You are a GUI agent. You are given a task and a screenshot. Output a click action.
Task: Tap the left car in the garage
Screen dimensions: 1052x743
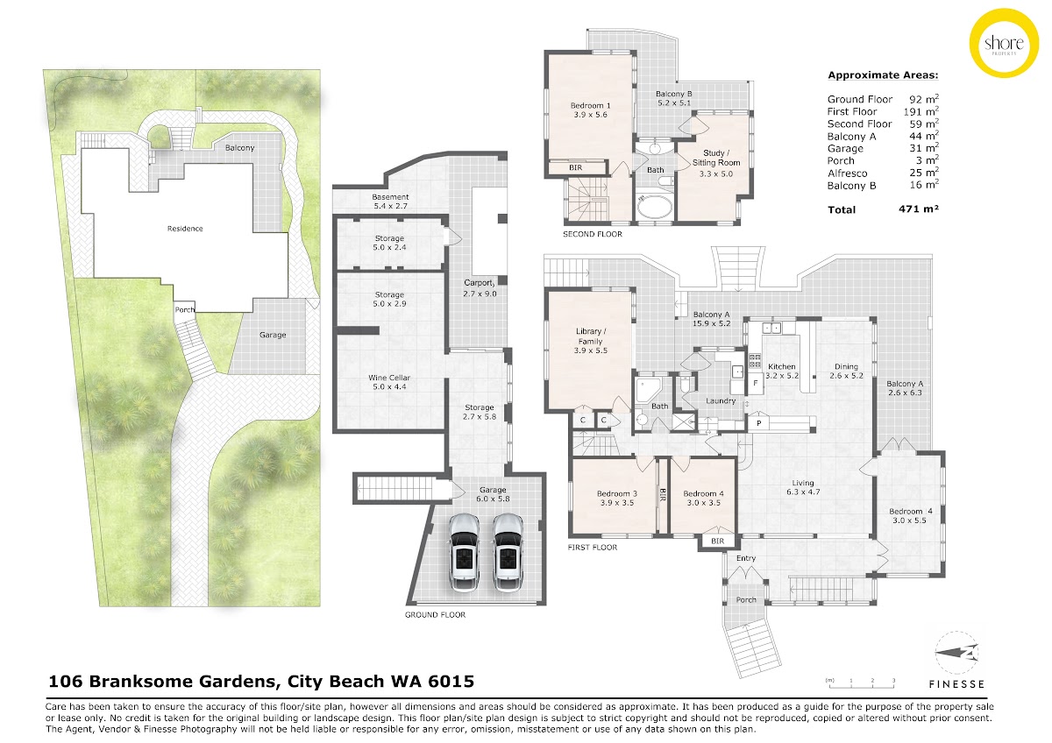coord(465,553)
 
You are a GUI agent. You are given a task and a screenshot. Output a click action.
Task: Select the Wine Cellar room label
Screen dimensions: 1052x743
coord(389,378)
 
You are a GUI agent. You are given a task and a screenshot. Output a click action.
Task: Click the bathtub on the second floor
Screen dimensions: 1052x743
coord(655,207)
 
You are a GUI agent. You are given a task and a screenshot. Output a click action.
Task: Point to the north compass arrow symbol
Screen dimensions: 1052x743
coord(956,653)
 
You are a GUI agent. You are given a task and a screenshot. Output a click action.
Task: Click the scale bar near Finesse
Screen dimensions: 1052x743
coord(861,683)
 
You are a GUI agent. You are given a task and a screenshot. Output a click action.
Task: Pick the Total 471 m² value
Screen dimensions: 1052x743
coord(919,209)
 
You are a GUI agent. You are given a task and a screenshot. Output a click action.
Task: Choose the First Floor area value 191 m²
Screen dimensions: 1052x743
coord(921,111)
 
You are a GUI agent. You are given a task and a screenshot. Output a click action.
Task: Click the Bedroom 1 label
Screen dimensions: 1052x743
coord(590,106)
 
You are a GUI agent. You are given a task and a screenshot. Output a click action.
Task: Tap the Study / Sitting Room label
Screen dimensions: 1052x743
coord(716,158)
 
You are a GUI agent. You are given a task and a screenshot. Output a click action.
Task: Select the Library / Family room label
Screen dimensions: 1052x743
coord(590,336)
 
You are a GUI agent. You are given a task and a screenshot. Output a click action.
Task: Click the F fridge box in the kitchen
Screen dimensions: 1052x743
coord(756,383)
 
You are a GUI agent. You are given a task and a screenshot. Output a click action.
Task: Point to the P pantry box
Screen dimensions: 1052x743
coord(759,423)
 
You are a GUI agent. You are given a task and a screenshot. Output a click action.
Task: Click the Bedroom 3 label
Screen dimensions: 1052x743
coord(617,494)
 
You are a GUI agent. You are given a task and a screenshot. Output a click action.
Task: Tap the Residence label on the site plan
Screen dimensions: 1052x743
coord(185,229)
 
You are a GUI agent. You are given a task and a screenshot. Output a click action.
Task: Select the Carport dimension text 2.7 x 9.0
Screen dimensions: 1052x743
coord(480,294)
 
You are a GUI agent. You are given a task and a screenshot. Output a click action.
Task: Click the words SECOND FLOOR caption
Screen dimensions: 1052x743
coord(593,234)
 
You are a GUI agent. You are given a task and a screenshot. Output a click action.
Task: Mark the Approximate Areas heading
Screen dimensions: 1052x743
coord(883,75)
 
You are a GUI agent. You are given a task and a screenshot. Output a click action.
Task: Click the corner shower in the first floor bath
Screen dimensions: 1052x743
coord(647,390)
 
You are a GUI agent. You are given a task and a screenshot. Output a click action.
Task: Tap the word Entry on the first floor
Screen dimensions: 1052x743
coord(746,558)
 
